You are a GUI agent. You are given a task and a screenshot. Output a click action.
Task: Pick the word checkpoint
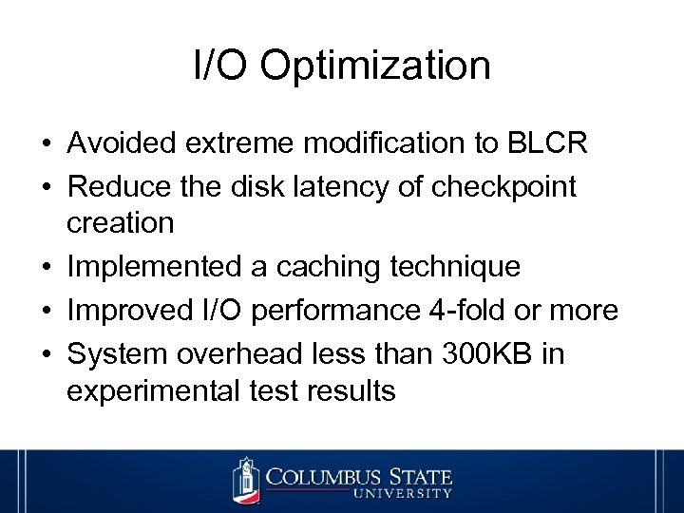click(503, 187)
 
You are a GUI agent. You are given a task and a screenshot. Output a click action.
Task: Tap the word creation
click(121, 223)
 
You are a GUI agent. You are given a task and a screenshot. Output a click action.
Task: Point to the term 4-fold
click(482, 311)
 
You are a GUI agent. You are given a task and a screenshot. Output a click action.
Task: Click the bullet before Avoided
click(46, 144)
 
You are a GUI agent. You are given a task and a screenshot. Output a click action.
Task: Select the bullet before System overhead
click(46, 355)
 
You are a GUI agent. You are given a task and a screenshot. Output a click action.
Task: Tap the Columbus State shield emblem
click(246, 481)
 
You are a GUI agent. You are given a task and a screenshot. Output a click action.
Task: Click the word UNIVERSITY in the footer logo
click(403, 493)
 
